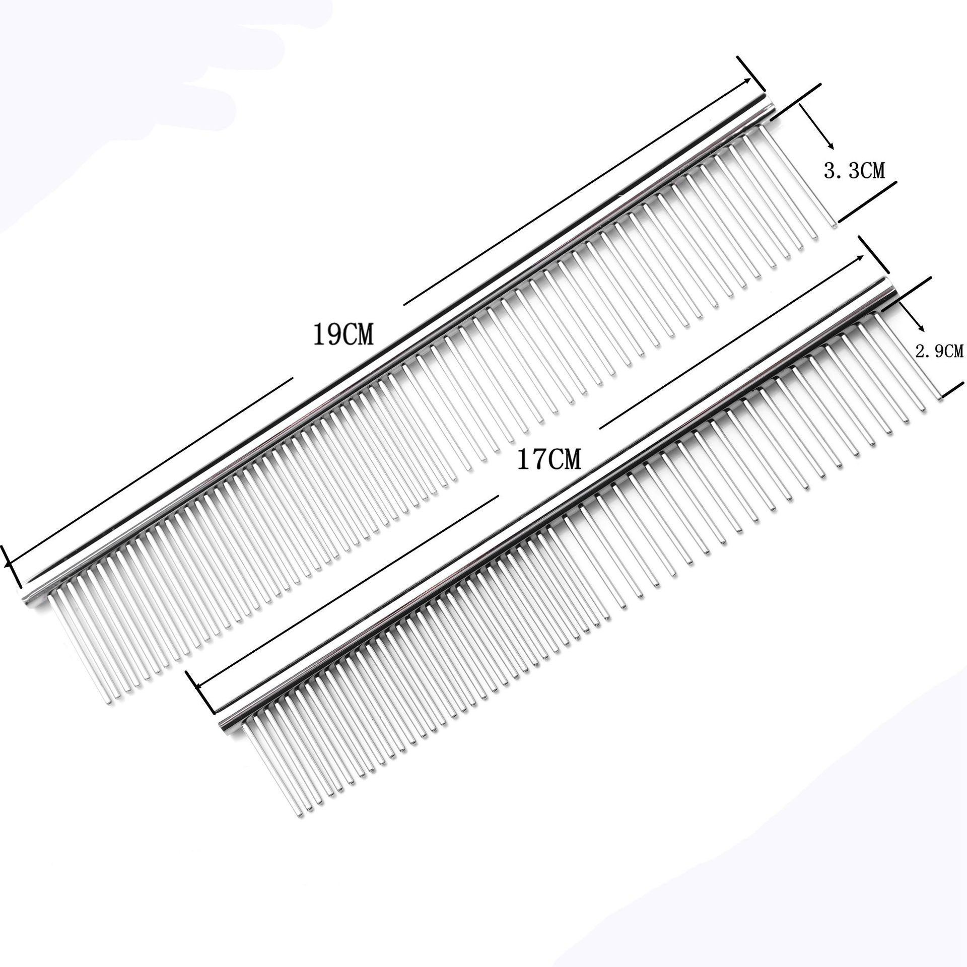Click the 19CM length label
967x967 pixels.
coord(343,335)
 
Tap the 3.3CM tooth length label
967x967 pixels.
coord(854,172)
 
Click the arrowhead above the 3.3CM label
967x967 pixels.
coord(832,146)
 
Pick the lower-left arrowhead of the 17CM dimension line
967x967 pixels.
coord(198,685)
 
